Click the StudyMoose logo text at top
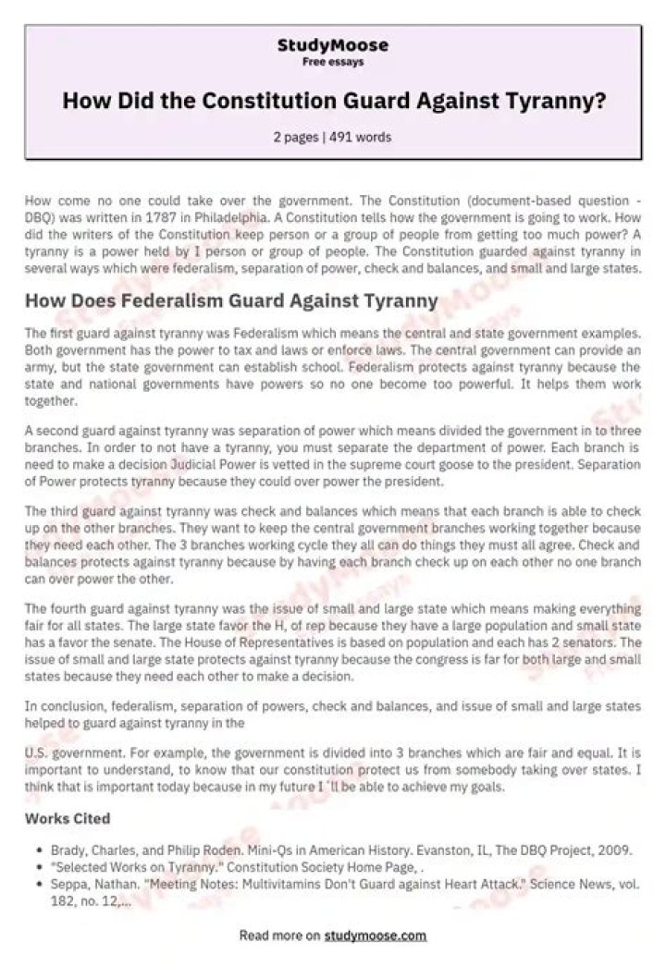click(333, 45)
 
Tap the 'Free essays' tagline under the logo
click(333, 62)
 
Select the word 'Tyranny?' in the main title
click(560, 101)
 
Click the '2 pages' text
click(294, 137)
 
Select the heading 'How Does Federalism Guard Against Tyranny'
click(230, 300)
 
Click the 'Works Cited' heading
click(68, 818)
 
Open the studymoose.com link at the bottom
click(375, 935)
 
